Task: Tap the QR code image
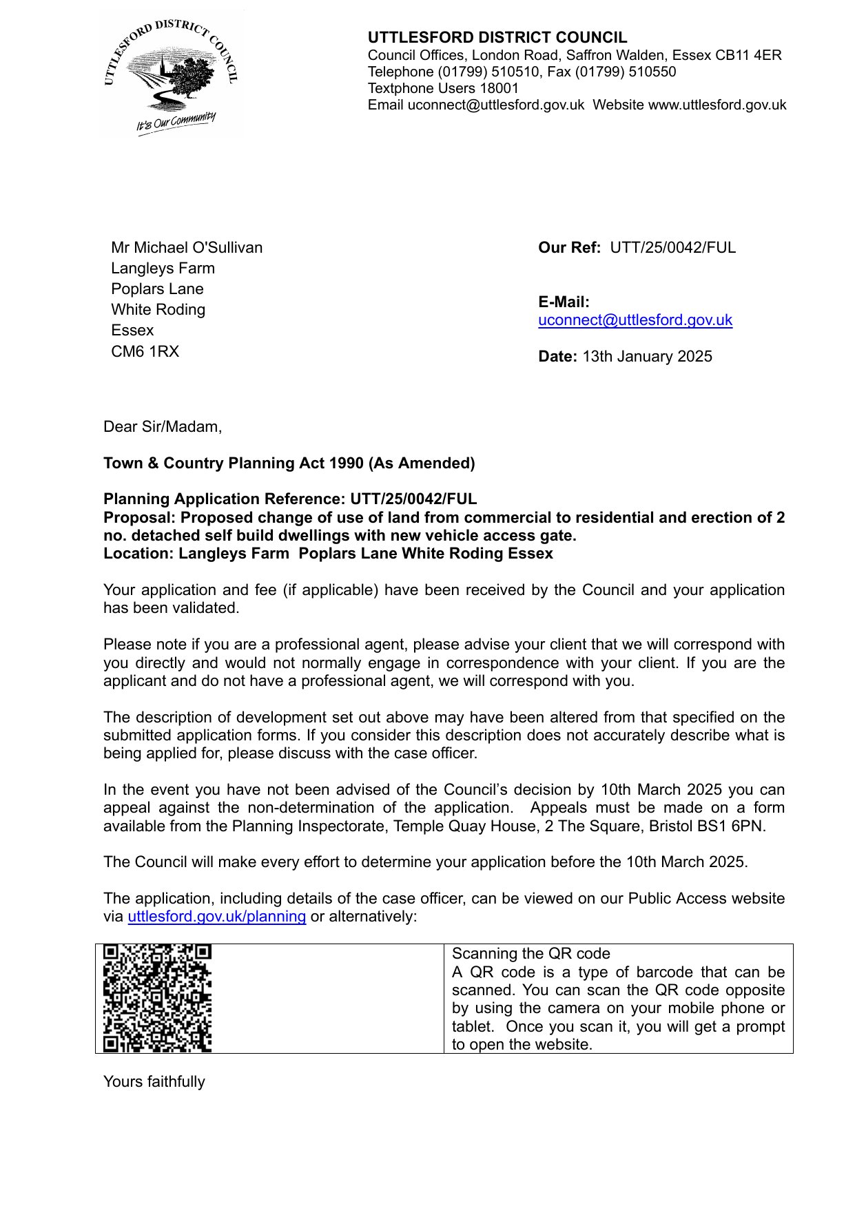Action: click(x=157, y=998)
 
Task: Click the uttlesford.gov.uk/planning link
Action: click(x=216, y=917)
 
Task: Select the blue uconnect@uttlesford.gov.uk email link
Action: click(x=635, y=320)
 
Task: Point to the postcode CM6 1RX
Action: click(x=145, y=351)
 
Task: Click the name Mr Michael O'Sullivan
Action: click(x=187, y=248)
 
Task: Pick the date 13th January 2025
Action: click(x=647, y=357)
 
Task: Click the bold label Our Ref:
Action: click(x=569, y=248)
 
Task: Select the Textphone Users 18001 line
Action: click(x=443, y=88)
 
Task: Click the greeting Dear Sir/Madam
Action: click(x=163, y=427)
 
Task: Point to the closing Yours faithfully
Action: click(x=154, y=1082)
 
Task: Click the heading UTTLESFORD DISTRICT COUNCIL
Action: click(x=497, y=38)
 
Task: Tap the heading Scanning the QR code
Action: click(x=530, y=954)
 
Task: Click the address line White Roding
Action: click(x=158, y=310)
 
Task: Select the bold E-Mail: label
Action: click(x=564, y=302)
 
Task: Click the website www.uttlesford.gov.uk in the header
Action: click(x=717, y=105)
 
